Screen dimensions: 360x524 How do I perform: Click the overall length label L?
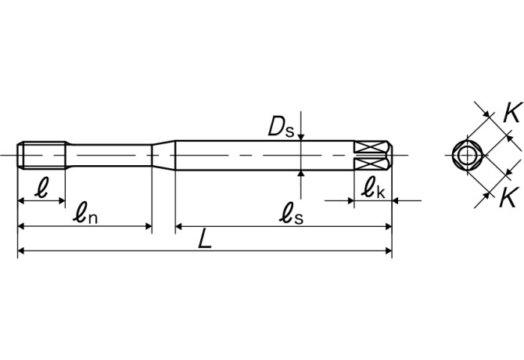click(205, 239)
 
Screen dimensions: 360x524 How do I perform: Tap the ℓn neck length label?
click(85, 213)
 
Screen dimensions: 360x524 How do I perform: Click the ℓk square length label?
click(371, 188)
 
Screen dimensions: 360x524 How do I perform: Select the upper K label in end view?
click(511, 112)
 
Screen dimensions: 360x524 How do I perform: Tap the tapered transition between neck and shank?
click(163, 154)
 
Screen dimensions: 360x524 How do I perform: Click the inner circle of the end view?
click(467, 155)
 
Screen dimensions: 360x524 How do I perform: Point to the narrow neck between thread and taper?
click(109, 154)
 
